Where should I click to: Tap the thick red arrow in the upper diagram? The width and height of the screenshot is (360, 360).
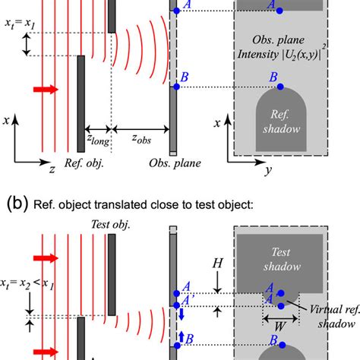click(x=46, y=90)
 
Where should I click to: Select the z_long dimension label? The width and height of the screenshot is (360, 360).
click(x=98, y=141)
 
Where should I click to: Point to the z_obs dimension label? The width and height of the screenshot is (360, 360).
click(x=144, y=141)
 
